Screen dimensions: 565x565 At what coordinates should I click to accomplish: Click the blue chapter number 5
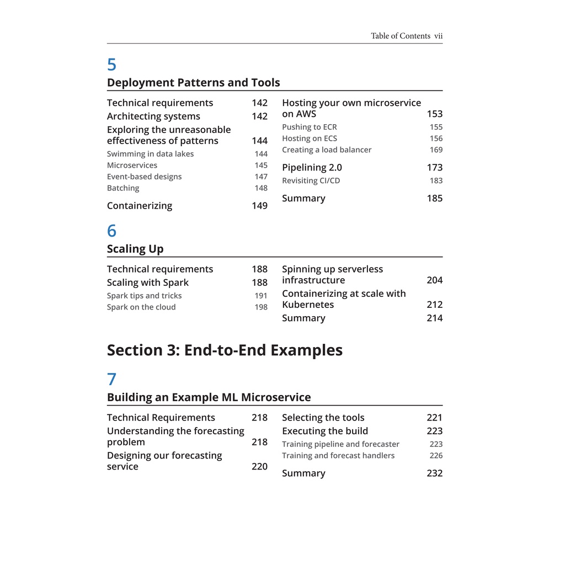point(111,65)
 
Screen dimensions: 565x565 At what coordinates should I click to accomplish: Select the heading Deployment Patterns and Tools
point(193,83)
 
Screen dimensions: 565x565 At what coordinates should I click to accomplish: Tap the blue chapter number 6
point(111,231)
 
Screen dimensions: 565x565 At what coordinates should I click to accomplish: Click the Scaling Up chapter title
point(135,249)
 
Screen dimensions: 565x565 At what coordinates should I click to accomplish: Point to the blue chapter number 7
point(111,380)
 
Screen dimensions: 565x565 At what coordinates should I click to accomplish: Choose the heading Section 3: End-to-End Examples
point(225,350)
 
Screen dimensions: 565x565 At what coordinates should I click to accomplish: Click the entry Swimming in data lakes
point(150,154)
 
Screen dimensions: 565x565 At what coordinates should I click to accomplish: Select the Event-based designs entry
point(144,177)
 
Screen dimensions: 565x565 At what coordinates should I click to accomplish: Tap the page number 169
point(436,150)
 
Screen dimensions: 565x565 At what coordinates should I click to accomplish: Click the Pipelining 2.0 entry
point(312,168)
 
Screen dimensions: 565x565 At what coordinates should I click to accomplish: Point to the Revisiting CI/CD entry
point(311,181)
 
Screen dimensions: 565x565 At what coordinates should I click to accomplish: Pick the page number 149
point(259,206)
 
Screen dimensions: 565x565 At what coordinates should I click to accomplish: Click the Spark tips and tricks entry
point(144,296)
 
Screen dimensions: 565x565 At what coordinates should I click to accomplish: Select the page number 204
point(434,280)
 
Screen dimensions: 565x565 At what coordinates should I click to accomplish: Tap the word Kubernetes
point(308,305)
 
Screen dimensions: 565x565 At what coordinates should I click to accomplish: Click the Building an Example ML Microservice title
point(209,397)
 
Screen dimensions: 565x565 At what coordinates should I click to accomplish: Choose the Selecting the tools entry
point(323,418)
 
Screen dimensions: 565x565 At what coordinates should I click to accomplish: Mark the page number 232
point(434,473)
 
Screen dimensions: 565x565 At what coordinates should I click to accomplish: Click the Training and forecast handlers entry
point(338,456)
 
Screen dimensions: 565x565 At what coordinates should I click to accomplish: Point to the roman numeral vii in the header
point(438,36)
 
